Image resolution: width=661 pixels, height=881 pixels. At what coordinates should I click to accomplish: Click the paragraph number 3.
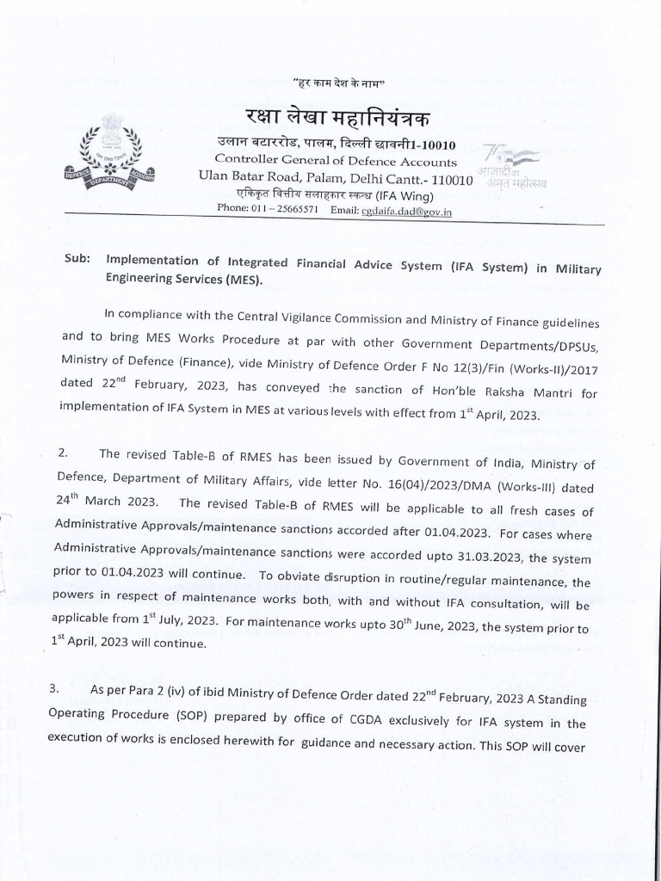pos(66,690)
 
